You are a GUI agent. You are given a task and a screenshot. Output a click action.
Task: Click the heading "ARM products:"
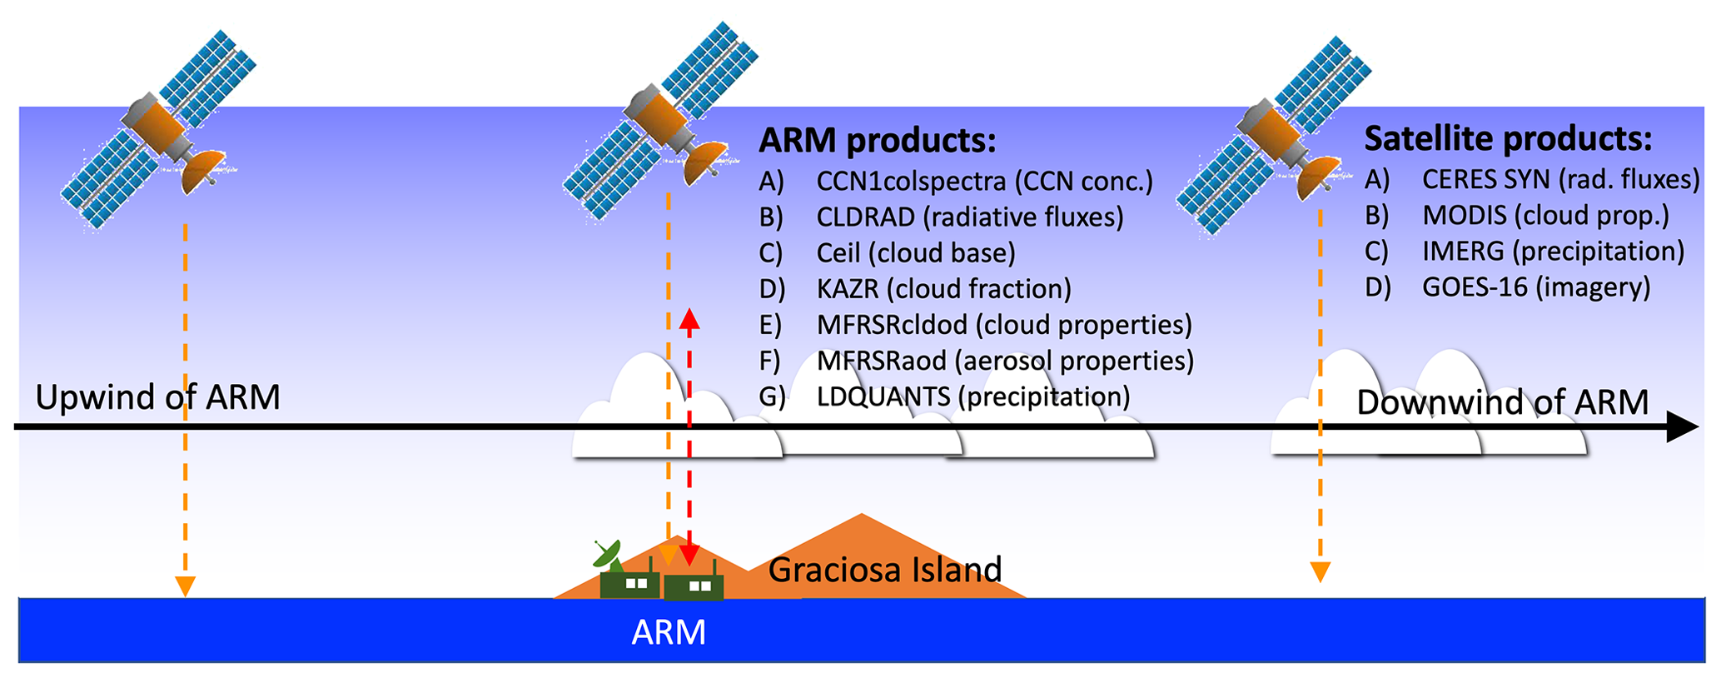[x=877, y=141]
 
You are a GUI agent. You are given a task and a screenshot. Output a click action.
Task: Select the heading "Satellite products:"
[x=1507, y=139]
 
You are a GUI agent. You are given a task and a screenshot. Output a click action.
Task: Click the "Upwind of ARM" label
[x=157, y=397]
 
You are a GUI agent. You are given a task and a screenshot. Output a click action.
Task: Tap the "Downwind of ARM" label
[x=1502, y=402]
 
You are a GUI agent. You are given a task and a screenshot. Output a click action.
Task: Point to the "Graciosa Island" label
[x=884, y=570]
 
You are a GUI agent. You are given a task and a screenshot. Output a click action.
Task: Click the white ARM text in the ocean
[x=669, y=632]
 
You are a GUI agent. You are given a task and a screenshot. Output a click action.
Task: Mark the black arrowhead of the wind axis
[x=1681, y=427]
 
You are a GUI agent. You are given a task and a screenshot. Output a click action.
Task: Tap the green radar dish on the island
[x=607, y=553]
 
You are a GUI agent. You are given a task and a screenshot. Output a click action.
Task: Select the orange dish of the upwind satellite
[x=202, y=171]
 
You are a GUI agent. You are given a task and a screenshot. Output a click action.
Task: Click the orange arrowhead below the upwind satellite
[x=185, y=586]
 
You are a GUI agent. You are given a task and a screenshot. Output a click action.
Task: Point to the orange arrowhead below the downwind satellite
[x=1320, y=572]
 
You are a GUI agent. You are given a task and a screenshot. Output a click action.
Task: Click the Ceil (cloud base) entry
[x=915, y=253]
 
